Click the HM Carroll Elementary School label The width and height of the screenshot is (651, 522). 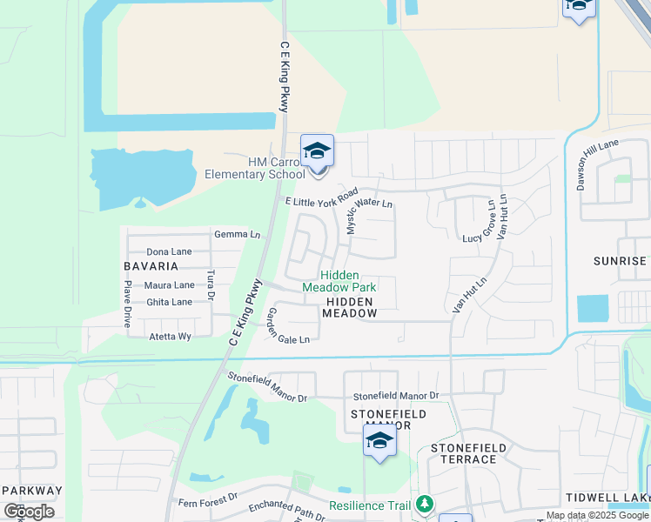tap(254, 168)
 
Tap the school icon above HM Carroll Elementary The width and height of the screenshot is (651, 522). tap(318, 151)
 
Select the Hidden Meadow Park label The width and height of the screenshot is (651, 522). tap(339, 280)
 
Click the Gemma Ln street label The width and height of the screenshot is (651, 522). tap(237, 234)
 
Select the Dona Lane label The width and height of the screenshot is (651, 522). tap(169, 251)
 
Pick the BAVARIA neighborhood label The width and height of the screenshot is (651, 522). tap(151, 266)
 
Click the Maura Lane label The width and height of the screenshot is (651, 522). tap(169, 284)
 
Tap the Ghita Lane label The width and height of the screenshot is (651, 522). tap(169, 302)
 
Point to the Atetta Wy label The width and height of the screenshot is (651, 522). tap(170, 336)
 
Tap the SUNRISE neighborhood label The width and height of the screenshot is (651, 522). tap(621, 261)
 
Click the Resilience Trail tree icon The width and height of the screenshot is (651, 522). tap(425, 504)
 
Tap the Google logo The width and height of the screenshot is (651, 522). tap(29, 512)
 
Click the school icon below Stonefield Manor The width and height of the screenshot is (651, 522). tap(379, 442)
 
